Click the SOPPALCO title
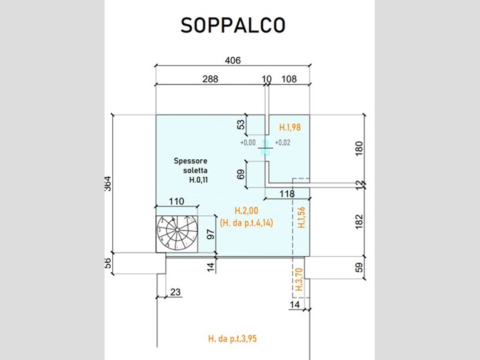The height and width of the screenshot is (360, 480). click(x=233, y=26)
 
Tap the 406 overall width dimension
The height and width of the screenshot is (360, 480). click(x=233, y=60)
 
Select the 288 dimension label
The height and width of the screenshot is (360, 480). click(x=211, y=79)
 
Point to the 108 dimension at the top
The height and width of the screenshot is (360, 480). click(x=289, y=79)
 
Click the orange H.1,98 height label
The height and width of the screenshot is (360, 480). click(x=290, y=127)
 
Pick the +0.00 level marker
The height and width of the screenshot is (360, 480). click(x=248, y=143)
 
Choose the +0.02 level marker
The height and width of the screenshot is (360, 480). click(x=283, y=143)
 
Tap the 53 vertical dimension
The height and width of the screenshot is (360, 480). click(x=241, y=125)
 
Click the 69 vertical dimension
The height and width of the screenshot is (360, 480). click(x=241, y=174)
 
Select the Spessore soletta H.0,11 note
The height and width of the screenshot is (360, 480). click(x=190, y=170)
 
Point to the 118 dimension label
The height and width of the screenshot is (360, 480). click(x=287, y=194)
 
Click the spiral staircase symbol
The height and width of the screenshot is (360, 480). click(x=177, y=234)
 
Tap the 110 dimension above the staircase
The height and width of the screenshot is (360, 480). click(x=177, y=201)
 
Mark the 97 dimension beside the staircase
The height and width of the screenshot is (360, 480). click(x=211, y=234)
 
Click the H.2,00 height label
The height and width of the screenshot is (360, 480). click(x=247, y=210)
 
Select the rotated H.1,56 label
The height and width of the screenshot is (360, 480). click(x=301, y=217)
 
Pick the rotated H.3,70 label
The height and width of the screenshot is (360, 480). click(x=299, y=280)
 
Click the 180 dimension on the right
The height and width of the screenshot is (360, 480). click(x=359, y=148)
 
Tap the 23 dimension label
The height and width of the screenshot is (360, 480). click(x=175, y=292)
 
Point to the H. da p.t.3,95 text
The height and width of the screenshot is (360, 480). click(x=232, y=339)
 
